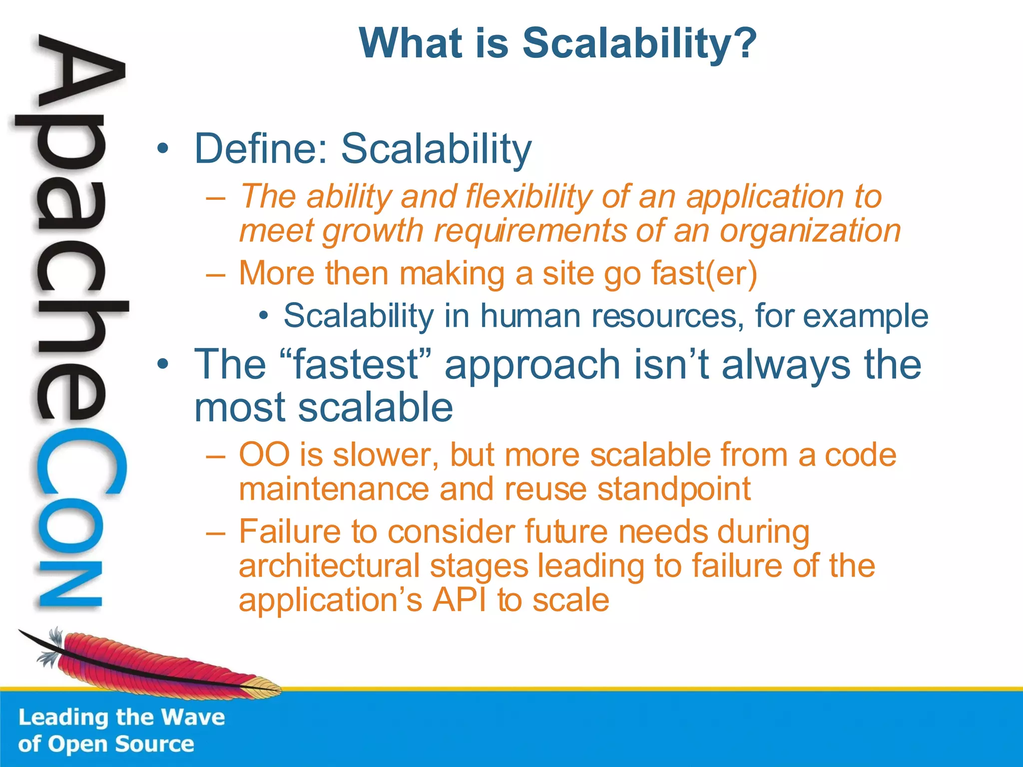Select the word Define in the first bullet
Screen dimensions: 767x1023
click(x=260, y=148)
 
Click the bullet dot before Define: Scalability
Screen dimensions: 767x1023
click(x=162, y=148)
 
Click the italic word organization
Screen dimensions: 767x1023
click(x=810, y=231)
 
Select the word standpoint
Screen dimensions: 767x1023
click(x=674, y=489)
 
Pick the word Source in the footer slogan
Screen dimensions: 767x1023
click(x=154, y=744)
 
